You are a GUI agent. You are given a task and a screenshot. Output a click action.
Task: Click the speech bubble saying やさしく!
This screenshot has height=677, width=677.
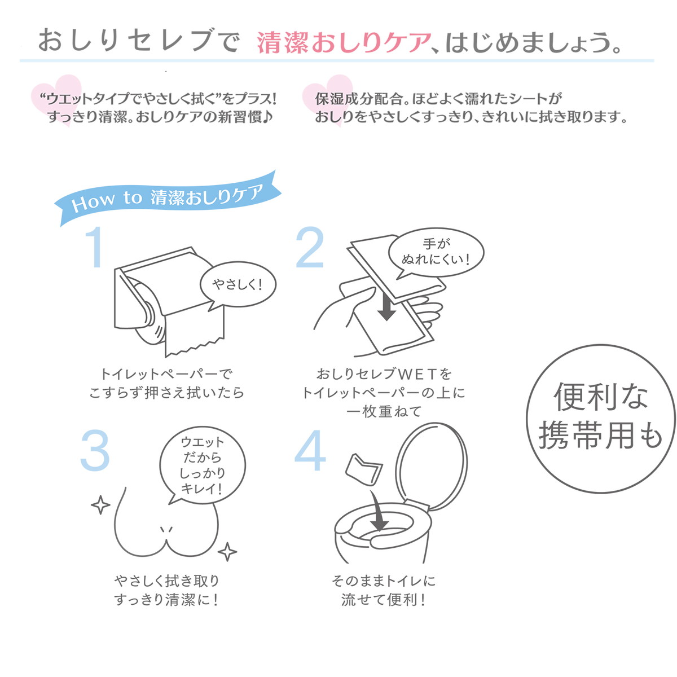pos(238,284)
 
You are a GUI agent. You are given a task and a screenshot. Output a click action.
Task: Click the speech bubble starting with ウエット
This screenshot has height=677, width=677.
pos(203,465)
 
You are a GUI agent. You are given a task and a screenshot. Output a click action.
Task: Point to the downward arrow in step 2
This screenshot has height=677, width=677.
pos(386,305)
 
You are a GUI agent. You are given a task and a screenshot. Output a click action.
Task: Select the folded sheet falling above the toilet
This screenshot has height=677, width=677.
pos(364,469)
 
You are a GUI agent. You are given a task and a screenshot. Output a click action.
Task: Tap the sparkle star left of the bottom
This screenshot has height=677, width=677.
pos(100,504)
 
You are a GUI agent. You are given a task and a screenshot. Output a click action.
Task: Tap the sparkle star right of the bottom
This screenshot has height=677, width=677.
pos(227,551)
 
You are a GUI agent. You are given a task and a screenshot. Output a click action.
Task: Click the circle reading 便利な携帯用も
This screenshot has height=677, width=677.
pos(600,416)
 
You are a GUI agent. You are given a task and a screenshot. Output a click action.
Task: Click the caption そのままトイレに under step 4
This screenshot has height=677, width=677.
pos(384,580)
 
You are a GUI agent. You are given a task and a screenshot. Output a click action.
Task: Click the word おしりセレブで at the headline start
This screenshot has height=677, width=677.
pos(138,42)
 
